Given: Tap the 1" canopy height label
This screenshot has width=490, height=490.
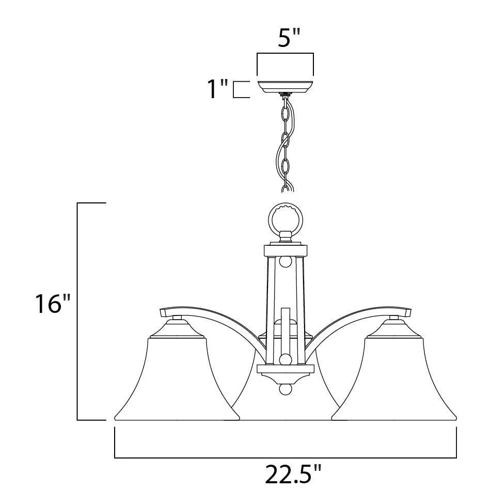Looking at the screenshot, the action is [x=218, y=89].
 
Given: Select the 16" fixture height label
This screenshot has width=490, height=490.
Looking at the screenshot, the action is [x=52, y=303].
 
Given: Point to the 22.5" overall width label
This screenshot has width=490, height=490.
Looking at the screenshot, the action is [x=293, y=474].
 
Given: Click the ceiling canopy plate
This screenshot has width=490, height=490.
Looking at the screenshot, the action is [x=284, y=87].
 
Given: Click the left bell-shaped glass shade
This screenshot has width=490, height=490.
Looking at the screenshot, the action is [x=177, y=378].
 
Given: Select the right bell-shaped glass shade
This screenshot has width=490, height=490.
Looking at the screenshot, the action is [x=394, y=378].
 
